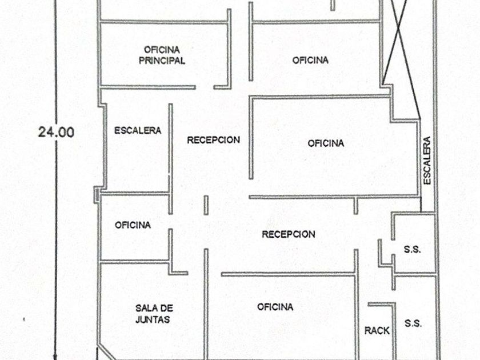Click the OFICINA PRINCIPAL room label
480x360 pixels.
tap(162, 55)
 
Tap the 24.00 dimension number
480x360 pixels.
tap(56, 132)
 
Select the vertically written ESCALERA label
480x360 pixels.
tap(427, 161)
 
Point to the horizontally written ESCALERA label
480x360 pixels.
tap(138, 130)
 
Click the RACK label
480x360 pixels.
tap(377, 331)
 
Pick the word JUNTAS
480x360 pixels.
tap(153, 319)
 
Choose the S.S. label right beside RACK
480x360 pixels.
tap(413, 323)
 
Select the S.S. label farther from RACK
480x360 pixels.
tap(413, 250)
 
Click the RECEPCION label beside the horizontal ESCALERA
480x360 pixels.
tap(213, 140)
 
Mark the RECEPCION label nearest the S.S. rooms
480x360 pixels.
tap(289, 234)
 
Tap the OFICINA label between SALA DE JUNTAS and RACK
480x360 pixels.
tap(275, 307)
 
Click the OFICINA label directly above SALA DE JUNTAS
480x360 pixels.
tap(133, 225)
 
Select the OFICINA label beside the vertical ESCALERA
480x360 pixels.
tap(326, 143)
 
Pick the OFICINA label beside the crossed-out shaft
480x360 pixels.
tap(310, 60)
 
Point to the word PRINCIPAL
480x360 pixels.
tap(162, 61)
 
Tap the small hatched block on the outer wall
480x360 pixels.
tap(97, 195)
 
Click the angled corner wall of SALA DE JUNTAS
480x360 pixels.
tap(106, 351)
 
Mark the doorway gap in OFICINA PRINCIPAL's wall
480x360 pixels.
tap(205, 87)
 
